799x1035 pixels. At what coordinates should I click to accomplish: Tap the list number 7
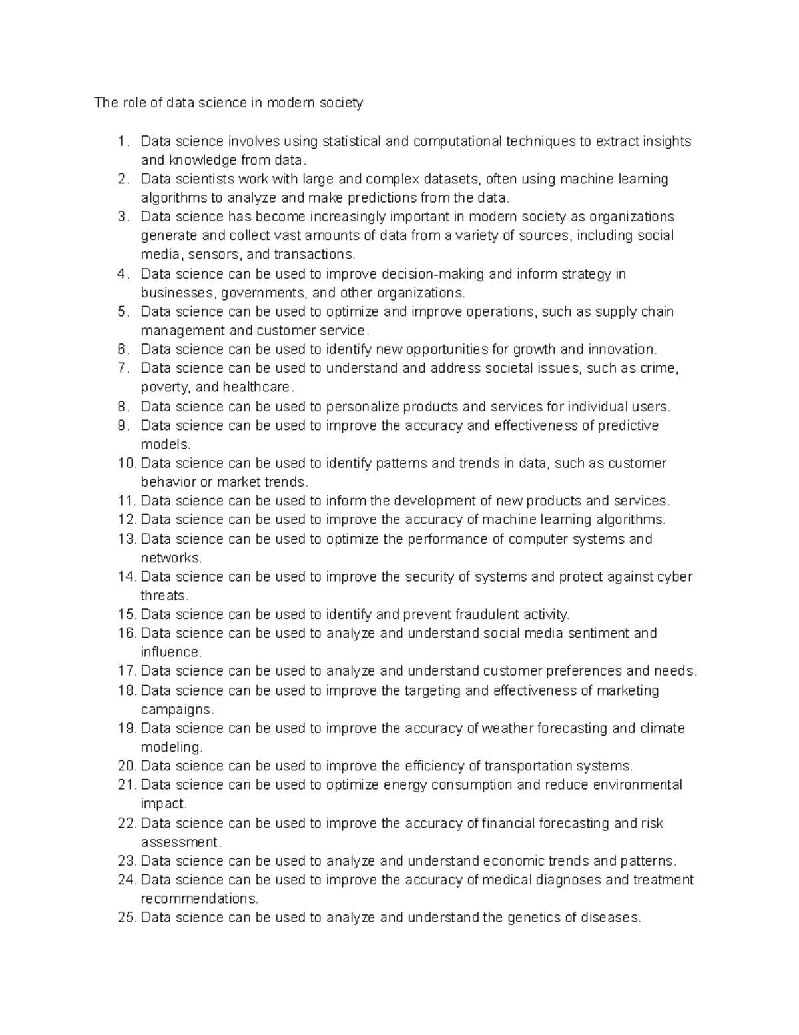click(x=123, y=368)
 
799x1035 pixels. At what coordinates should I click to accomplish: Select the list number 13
click(x=127, y=539)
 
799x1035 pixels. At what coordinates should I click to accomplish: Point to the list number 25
click(x=127, y=918)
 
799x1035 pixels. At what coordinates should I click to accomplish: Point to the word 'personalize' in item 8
click(x=362, y=407)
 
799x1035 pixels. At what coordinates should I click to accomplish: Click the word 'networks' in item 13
click(x=170, y=558)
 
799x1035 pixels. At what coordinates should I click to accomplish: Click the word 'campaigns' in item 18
click(x=176, y=709)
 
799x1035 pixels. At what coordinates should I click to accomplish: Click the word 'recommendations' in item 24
click(x=198, y=898)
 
